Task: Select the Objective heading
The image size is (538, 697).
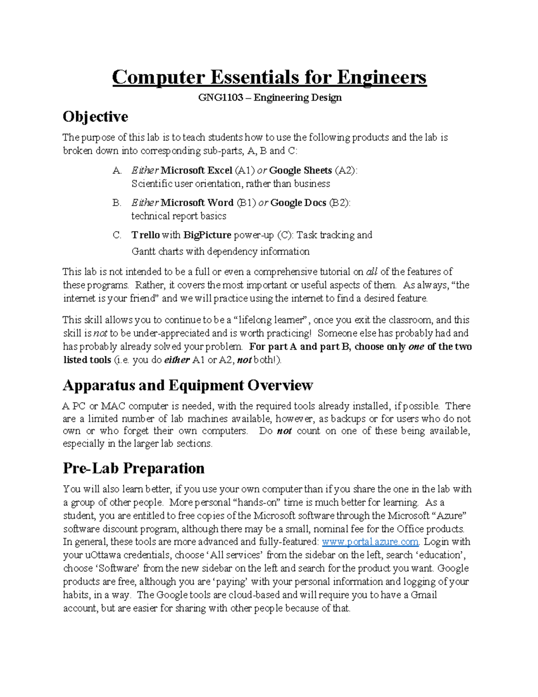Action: pyautogui.click(x=95, y=117)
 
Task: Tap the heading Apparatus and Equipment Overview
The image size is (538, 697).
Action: pyautogui.click(x=187, y=385)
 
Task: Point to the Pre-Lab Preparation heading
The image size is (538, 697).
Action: pyautogui.click(x=134, y=468)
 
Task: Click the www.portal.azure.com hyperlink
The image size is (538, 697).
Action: pyautogui.click(x=370, y=542)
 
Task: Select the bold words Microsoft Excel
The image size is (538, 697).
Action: pyautogui.click(x=196, y=171)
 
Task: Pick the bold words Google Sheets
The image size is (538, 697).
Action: pyautogui.click(x=300, y=171)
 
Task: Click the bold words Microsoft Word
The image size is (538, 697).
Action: pyautogui.click(x=197, y=203)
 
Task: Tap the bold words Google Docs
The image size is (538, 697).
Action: pyautogui.click(x=298, y=203)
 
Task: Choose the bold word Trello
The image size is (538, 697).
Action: pyautogui.click(x=145, y=235)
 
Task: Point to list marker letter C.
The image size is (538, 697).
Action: pyautogui.click(x=117, y=235)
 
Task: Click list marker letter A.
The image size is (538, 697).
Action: pyautogui.click(x=117, y=171)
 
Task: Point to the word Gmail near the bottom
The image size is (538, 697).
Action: pyautogui.click(x=424, y=595)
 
